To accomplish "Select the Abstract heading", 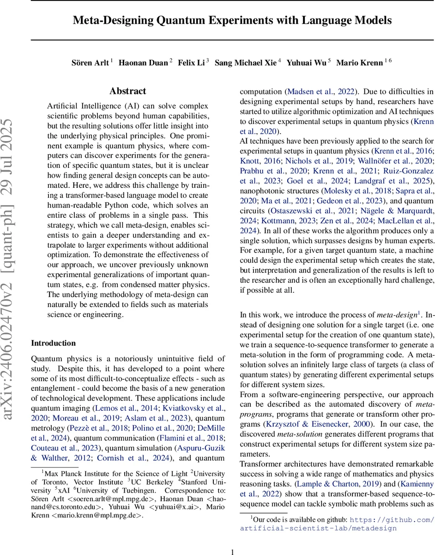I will click(128, 91).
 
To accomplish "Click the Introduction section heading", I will click(53, 343).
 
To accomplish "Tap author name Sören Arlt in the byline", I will click(91, 62).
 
